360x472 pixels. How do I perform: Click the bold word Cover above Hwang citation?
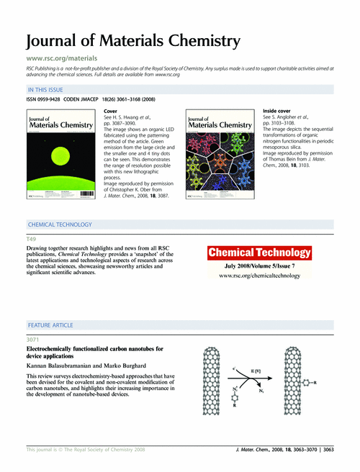(x=112, y=112)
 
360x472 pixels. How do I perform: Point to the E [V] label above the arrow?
(x=256, y=370)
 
